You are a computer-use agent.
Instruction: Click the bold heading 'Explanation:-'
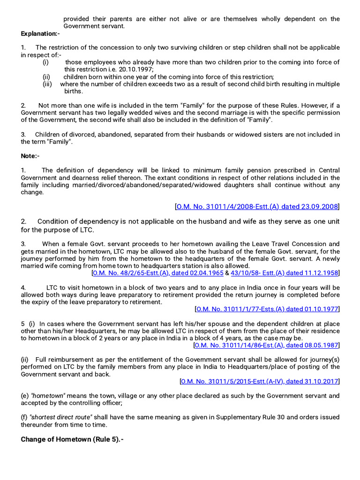point(40,34)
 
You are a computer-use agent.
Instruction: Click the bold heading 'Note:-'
point(30,156)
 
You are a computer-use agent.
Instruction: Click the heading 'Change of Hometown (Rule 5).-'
point(72,440)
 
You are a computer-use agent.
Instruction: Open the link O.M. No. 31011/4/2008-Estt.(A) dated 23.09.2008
point(257,207)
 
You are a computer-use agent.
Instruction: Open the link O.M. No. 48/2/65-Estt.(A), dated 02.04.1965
point(158,273)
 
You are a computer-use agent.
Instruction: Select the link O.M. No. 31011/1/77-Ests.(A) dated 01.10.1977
point(267,309)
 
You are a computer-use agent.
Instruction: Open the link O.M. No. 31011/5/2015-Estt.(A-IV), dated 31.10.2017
point(260,381)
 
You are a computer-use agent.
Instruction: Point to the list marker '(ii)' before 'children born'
point(46,77)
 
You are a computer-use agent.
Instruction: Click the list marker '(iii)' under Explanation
point(47,84)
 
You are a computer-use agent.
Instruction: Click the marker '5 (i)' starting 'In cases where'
point(28,324)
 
